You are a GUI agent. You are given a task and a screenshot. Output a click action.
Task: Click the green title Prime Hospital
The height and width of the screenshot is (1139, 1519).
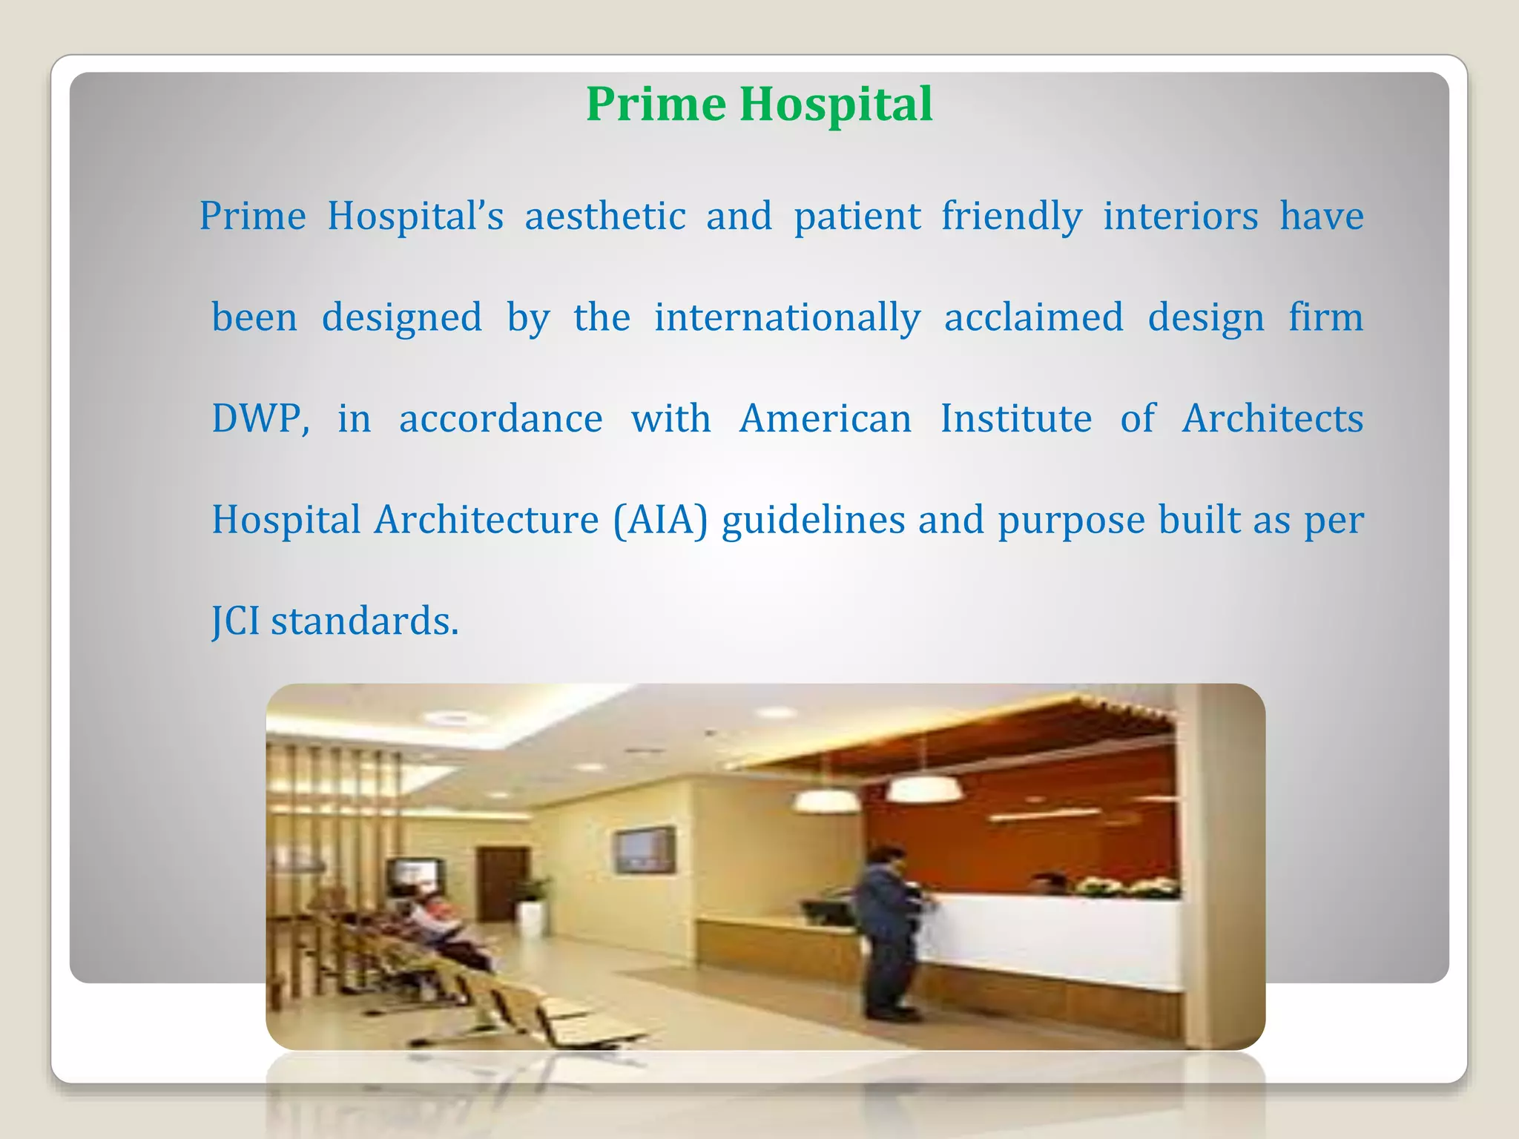pyautogui.click(x=759, y=104)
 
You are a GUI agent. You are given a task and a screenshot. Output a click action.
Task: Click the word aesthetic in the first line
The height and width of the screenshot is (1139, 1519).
pyautogui.click(x=605, y=217)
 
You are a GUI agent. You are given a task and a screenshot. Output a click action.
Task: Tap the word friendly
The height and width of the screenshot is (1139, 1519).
pyautogui.click(x=1012, y=217)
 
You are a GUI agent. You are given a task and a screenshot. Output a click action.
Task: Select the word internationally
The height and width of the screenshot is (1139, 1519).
pyautogui.click(x=787, y=317)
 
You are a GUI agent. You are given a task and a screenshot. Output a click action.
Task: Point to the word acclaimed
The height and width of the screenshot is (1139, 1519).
pyautogui.click(x=1033, y=317)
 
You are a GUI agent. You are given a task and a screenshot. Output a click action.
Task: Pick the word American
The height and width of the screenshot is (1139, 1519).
pyautogui.click(x=826, y=418)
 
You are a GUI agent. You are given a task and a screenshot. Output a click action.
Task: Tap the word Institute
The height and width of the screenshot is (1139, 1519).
pyautogui.click(x=1016, y=418)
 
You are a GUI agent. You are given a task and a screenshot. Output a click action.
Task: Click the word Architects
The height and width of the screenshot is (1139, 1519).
pyautogui.click(x=1272, y=418)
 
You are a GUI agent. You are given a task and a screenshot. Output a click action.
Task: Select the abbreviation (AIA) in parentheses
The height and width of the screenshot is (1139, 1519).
pyautogui.click(x=660, y=519)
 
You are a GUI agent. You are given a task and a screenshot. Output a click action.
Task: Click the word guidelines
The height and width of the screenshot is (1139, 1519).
pyautogui.click(x=813, y=519)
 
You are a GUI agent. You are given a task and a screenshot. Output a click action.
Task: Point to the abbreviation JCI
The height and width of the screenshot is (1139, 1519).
pyautogui.click(x=236, y=621)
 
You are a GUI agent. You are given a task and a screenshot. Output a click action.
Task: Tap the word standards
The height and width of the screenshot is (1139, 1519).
pyautogui.click(x=364, y=621)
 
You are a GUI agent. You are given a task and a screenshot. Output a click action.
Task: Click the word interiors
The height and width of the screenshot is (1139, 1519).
pyautogui.click(x=1181, y=217)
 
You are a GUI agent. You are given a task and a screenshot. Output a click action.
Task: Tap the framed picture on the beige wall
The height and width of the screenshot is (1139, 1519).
pyautogui.click(x=645, y=850)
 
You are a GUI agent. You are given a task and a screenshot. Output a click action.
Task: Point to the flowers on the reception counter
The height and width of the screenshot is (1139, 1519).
pyautogui.click(x=1127, y=887)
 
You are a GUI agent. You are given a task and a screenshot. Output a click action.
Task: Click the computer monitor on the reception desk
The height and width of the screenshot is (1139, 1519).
pyautogui.click(x=828, y=912)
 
